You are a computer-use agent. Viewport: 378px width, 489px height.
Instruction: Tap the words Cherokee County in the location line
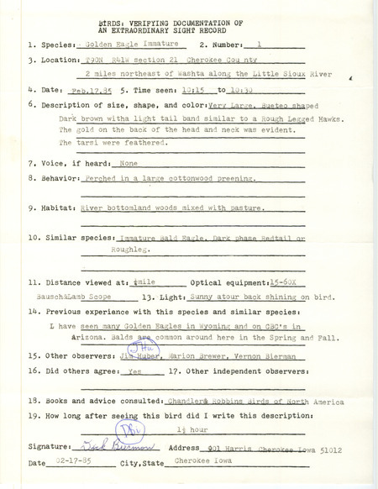[198, 61]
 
